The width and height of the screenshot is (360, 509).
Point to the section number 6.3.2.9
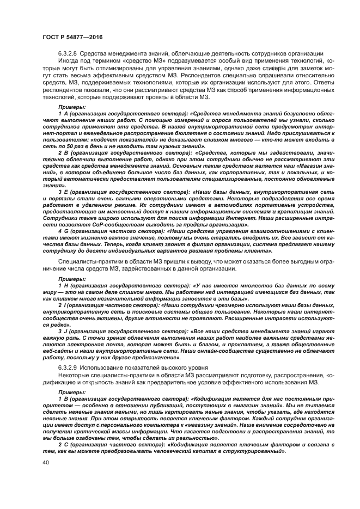click(68, 369)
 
